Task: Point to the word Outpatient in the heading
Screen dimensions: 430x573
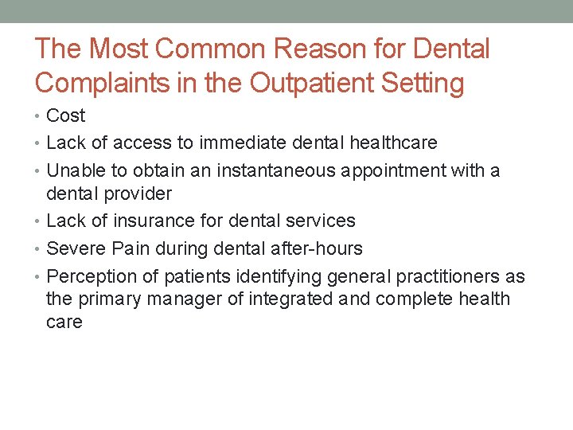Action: (x=319, y=83)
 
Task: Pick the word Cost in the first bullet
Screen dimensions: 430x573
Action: (x=65, y=116)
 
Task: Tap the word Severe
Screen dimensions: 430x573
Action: (x=76, y=248)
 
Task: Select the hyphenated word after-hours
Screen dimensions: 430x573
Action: (x=317, y=248)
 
